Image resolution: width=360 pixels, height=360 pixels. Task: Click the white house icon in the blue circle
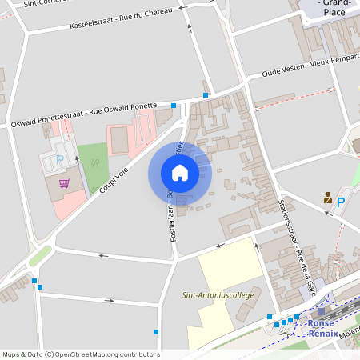[x=179, y=172]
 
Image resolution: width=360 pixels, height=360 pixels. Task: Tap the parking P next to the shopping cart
[x=60, y=159]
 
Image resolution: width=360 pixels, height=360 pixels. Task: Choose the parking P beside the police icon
[x=341, y=203]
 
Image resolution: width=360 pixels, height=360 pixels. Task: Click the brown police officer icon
[x=328, y=197]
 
